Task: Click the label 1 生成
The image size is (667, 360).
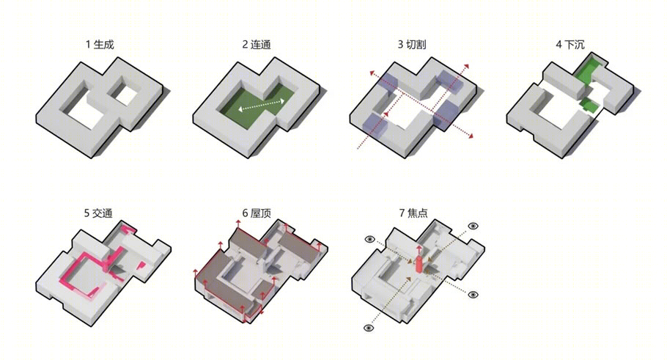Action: (100, 45)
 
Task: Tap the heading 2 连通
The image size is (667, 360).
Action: (257, 45)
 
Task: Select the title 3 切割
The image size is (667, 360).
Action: (412, 45)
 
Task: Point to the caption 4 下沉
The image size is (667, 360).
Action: (570, 45)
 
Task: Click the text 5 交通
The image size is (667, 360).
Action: (98, 213)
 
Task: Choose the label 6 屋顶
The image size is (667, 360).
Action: (257, 213)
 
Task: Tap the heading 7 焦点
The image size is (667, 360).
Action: (413, 213)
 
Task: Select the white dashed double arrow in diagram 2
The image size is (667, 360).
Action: (261, 105)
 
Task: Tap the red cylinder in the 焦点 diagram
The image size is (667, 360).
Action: (419, 264)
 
